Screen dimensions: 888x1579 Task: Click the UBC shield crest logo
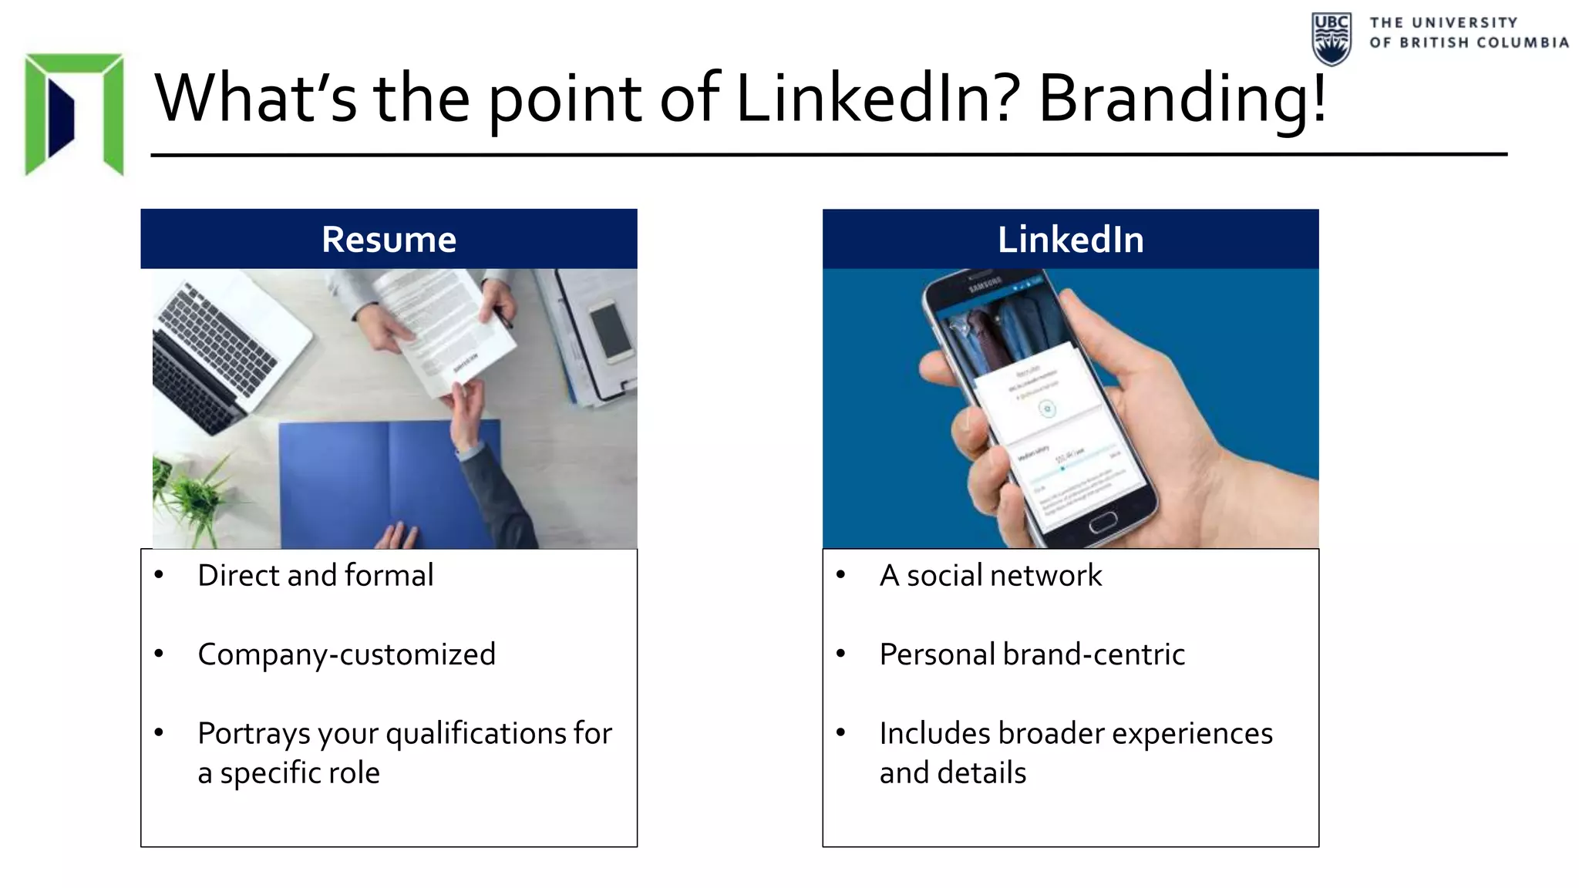[1332, 39]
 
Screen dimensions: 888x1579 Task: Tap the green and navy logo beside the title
[74, 113]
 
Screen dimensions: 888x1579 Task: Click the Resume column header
[389, 240]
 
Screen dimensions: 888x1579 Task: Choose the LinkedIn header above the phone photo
[1070, 240]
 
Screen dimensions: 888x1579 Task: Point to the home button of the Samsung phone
[1103, 522]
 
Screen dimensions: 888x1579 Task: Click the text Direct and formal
[315, 576]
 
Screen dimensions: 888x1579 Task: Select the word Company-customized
[346, 654]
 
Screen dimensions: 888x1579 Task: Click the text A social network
[991, 576]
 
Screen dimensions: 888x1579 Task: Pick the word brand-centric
[1094, 654]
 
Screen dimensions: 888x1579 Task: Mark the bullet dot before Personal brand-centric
[841, 654]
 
